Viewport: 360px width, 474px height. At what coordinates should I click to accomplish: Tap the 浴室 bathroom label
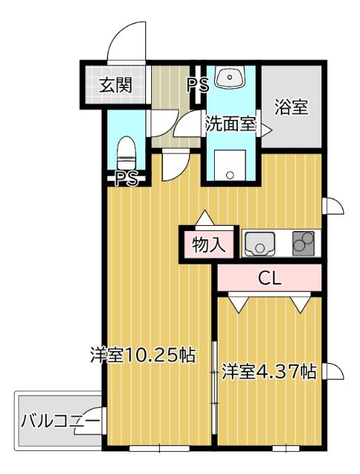click(291, 107)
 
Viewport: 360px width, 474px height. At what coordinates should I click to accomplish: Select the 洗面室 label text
click(230, 124)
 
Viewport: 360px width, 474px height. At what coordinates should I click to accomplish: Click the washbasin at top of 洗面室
click(231, 77)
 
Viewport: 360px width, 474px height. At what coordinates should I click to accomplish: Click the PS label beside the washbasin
click(197, 84)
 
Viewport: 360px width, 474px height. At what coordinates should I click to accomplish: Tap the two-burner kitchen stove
click(302, 242)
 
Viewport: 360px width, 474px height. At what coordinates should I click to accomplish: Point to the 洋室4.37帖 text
click(270, 371)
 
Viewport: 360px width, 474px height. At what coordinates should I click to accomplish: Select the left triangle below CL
click(237, 303)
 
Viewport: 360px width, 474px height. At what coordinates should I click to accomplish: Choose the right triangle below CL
click(300, 303)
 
